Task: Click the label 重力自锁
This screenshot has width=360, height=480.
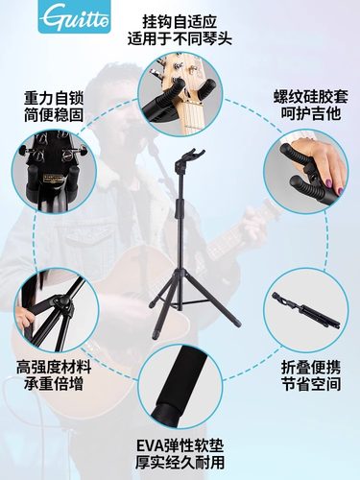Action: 48,100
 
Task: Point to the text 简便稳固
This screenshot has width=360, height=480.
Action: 48,117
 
